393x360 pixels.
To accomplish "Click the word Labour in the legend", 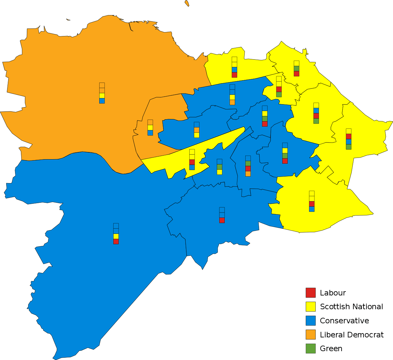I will click(333, 293).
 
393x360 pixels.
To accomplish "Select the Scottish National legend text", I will click(351, 307).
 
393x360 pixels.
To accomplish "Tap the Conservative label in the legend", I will click(344, 321).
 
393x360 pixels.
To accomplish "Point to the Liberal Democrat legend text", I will click(352, 335).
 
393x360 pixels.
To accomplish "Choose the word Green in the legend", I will click(331, 349).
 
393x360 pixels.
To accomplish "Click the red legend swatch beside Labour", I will click(310, 293).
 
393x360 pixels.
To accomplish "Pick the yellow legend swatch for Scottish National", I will click(310, 307).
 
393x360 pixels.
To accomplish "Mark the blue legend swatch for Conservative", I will click(310, 321).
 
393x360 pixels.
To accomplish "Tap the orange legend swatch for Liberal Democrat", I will click(310, 335).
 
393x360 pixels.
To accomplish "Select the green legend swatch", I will click(310, 349).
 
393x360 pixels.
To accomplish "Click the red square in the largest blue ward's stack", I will click(116, 241).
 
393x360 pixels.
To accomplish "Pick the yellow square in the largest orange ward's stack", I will click(102, 95).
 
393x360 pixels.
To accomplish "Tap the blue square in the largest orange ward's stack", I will click(102, 101).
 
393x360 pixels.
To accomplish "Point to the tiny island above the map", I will click(187, 3).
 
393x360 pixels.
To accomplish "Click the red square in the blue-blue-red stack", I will click(222, 220).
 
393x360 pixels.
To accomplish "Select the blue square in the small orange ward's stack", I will click(150, 133).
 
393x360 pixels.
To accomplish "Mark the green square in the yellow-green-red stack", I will click(296, 68).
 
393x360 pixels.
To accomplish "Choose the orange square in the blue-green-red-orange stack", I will click(248, 174).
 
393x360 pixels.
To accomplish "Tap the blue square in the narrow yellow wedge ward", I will click(192, 167).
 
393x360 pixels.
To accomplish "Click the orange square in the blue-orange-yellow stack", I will click(196, 130).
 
